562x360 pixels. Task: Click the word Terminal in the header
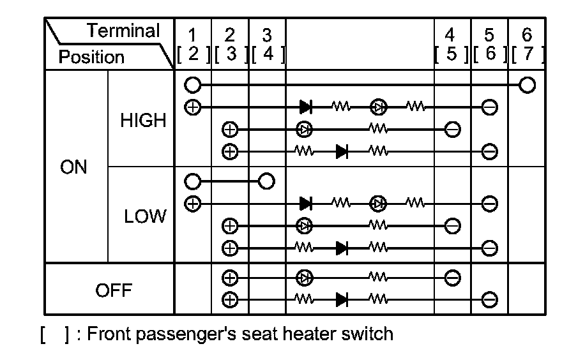(123, 31)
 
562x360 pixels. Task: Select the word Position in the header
(91, 57)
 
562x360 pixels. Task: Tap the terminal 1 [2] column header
(193, 45)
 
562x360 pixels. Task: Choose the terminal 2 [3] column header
(230, 45)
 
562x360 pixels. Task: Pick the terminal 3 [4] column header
(267, 45)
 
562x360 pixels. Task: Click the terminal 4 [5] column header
(452, 45)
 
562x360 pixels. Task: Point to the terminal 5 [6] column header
(489, 45)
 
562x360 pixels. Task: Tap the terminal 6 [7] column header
(527, 45)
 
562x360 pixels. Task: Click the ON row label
(73, 167)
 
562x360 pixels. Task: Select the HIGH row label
(143, 120)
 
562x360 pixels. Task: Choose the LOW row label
(144, 217)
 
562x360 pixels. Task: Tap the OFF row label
(113, 291)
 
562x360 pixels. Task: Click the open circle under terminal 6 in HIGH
(527, 85)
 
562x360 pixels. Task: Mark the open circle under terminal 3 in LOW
(267, 181)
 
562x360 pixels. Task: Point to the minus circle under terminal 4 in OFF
(452, 278)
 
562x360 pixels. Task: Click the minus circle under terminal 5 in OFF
(489, 298)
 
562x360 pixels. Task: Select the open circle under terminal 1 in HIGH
(192, 85)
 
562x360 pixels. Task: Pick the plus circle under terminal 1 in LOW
(192, 204)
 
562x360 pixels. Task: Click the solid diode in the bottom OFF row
(342, 298)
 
